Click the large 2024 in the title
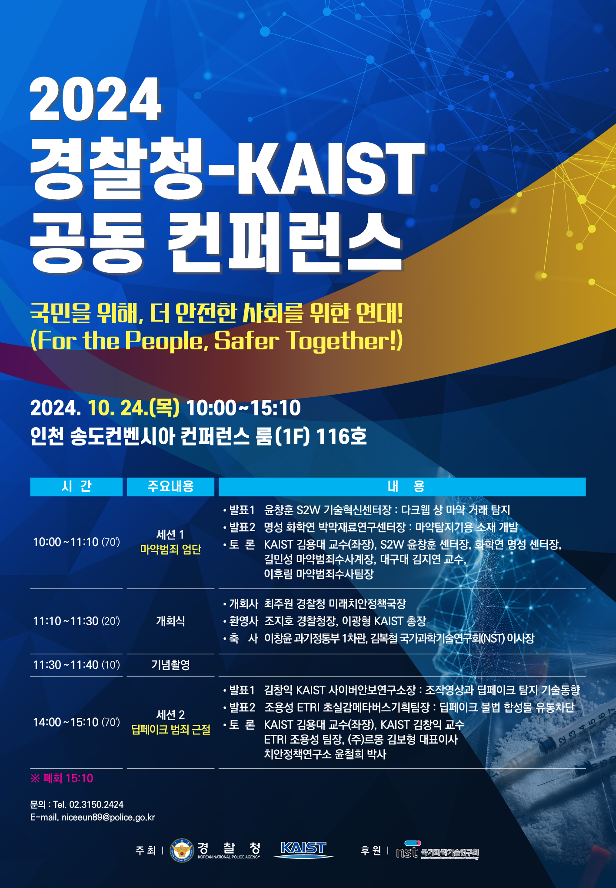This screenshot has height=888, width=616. [96, 99]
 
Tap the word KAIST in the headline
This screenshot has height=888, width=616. [331, 168]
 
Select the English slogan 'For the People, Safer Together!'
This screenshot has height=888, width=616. [216, 340]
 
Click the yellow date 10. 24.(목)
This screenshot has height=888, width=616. [133, 408]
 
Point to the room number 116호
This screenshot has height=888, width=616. [342, 436]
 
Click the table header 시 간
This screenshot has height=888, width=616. [77, 486]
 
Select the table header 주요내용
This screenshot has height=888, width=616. [170, 486]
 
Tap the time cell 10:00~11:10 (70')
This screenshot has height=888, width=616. [77, 542]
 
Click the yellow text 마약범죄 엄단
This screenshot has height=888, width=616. [170, 550]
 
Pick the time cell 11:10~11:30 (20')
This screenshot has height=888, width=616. [77, 621]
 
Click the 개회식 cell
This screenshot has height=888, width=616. [170, 621]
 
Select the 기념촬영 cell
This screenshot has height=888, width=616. [170, 665]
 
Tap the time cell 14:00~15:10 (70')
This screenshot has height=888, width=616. [77, 722]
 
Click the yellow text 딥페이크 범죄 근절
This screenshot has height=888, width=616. [170, 730]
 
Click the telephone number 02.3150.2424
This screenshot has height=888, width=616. [96, 805]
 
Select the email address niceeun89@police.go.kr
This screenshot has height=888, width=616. [108, 818]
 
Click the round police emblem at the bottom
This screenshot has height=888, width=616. [182, 850]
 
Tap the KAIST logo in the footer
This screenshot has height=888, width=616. [303, 850]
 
